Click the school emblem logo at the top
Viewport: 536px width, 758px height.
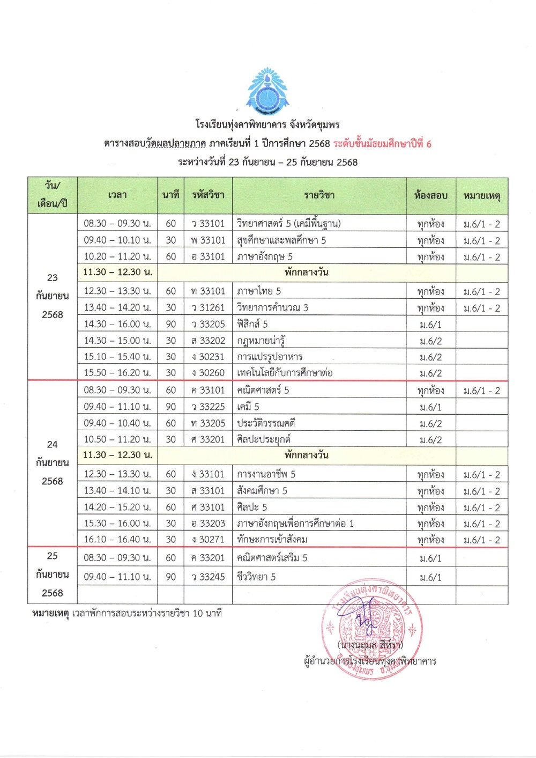(266, 91)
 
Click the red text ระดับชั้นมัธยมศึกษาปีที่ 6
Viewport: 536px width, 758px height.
(382, 144)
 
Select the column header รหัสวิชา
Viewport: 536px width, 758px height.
(208, 195)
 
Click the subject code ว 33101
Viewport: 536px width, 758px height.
(208, 224)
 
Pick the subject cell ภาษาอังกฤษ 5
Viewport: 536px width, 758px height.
(265, 257)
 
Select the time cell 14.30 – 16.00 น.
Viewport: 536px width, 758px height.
(117, 324)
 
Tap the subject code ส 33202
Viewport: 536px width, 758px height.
(208, 341)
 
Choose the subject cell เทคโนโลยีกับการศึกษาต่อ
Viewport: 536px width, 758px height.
(285, 373)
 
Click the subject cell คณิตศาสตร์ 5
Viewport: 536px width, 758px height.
(263, 391)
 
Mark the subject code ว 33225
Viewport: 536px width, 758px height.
(208, 407)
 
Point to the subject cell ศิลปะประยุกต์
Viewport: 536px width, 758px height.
(264, 439)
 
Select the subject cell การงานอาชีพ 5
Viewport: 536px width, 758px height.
(266, 474)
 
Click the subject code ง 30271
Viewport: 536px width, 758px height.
(208, 540)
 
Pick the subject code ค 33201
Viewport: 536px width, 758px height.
(208, 558)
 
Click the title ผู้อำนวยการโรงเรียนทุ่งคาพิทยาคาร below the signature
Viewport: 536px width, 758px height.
(370, 661)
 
